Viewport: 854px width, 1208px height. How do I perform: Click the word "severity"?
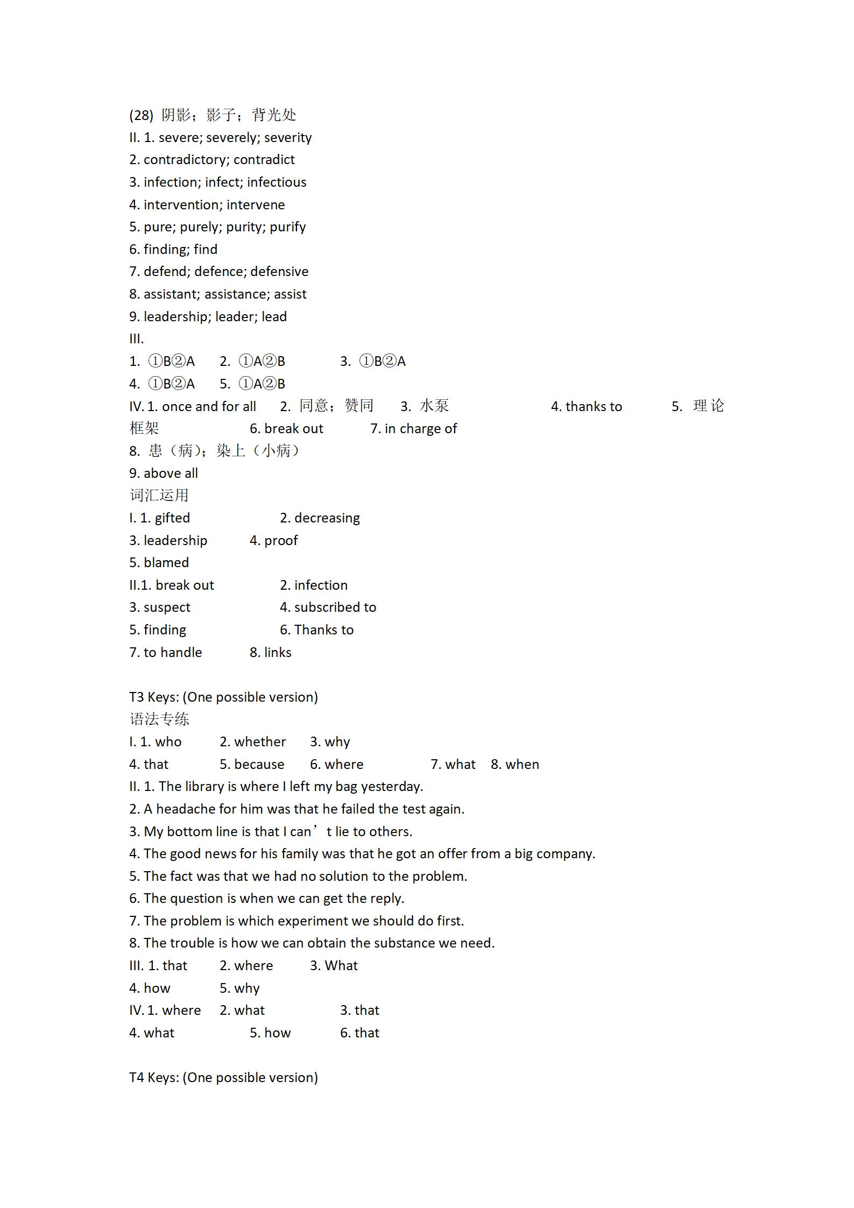pyautogui.click(x=288, y=138)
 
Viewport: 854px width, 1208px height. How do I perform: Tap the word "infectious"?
pyautogui.click(x=277, y=182)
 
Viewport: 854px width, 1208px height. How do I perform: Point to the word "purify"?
pyautogui.click(x=288, y=227)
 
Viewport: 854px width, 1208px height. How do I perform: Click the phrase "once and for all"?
pyautogui.click(x=209, y=406)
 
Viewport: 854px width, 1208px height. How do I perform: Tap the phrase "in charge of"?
pyautogui.click(x=421, y=429)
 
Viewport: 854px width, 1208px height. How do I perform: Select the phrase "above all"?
pyautogui.click(x=171, y=474)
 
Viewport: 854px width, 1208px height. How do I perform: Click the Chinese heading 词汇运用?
pyautogui.click(x=159, y=496)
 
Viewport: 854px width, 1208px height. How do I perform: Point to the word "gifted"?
pyautogui.click(x=172, y=518)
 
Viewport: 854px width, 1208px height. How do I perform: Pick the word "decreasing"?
pyautogui.click(x=327, y=518)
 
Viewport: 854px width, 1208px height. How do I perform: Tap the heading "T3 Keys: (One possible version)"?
pyautogui.click(x=223, y=697)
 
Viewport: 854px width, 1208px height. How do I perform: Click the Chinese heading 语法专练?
pyautogui.click(x=159, y=719)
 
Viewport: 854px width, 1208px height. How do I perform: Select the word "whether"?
pyautogui.click(x=260, y=742)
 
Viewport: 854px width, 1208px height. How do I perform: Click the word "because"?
pyautogui.click(x=259, y=765)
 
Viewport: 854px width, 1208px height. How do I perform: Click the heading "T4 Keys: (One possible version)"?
pyautogui.click(x=223, y=1078)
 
